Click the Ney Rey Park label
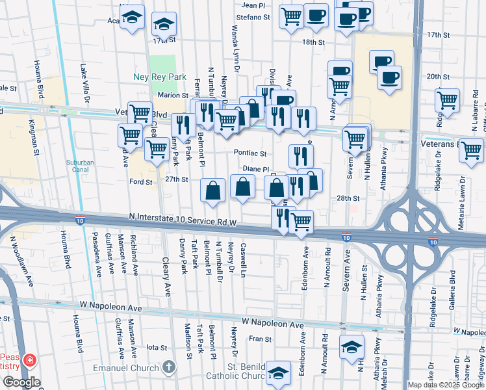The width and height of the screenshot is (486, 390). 160,77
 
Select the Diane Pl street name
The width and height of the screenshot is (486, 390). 256,168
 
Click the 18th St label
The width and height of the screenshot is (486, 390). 313,42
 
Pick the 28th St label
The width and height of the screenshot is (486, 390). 348,198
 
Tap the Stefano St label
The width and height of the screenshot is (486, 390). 253,17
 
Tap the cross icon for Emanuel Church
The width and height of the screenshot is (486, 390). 169,368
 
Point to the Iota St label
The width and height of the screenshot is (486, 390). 157,347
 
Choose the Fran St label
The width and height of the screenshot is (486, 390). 260,339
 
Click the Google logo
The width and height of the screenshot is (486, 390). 21,382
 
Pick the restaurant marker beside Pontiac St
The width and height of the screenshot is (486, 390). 301,156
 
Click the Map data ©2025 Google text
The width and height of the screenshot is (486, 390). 446,385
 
